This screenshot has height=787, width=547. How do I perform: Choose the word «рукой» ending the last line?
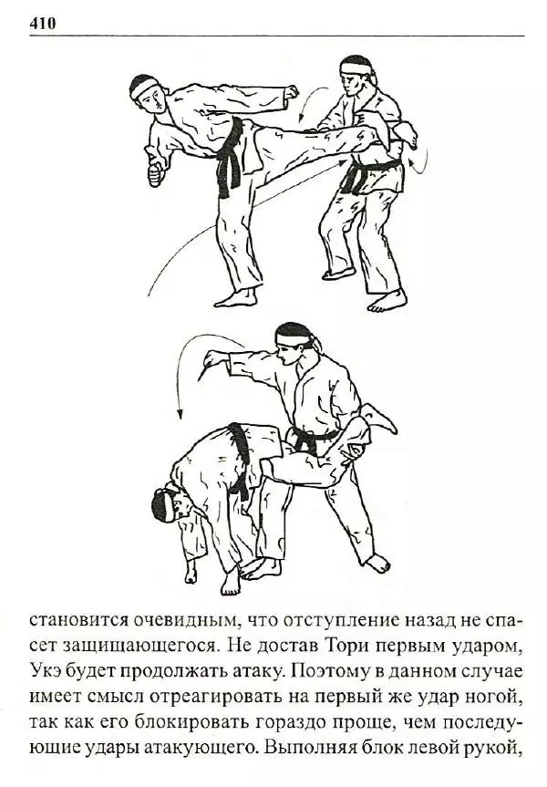[x=494, y=750]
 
